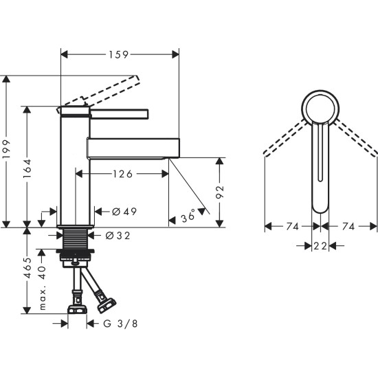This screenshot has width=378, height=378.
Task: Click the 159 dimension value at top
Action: (x=119, y=52)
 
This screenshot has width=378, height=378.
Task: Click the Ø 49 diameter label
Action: (x=124, y=212)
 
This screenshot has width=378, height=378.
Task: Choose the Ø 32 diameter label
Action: (x=119, y=235)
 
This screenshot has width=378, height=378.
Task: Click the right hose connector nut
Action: (x=105, y=302)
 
